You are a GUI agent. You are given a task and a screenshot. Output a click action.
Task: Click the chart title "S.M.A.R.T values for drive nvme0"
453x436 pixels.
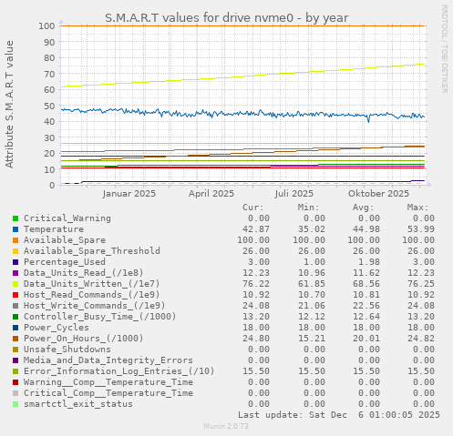pyautogui.click(x=226, y=17)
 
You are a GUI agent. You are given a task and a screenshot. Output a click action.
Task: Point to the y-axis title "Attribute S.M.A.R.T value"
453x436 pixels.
pyautogui.click(x=10, y=105)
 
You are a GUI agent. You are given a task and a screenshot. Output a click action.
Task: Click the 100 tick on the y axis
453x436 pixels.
pyautogui.click(x=46, y=25)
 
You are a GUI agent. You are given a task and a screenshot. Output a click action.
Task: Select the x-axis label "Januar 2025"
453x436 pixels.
pyautogui.click(x=129, y=193)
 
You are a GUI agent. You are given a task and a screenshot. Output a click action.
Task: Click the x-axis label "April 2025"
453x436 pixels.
pyautogui.click(x=211, y=193)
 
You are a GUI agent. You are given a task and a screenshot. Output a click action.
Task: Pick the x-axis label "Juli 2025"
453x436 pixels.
pyautogui.click(x=294, y=193)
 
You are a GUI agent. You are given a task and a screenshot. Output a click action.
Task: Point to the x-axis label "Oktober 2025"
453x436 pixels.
pyautogui.click(x=379, y=193)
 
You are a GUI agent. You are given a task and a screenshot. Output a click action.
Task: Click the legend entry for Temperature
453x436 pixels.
pyautogui.click(x=55, y=229)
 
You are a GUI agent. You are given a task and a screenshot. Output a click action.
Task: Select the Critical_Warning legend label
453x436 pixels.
pyautogui.click(x=67, y=218)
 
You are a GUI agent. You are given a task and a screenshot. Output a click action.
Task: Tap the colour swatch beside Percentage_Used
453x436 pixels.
pyautogui.click(x=15, y=262)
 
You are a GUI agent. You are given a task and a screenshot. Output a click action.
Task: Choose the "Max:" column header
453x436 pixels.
pyautogui.click(x=417, y=208)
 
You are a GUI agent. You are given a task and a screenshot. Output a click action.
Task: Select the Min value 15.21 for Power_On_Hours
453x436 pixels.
pyautogui.click(x=310, y=339)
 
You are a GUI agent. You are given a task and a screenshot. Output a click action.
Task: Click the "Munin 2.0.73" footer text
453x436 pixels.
pyautogui.click(x=226, y=426)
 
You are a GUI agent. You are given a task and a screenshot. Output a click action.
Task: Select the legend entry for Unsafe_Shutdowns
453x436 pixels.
pyautogui.click(x=67, y=350)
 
